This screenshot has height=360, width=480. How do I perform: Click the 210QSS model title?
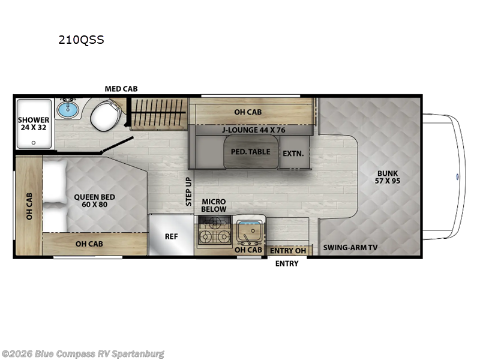81,40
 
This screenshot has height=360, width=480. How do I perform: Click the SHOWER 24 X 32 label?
34,124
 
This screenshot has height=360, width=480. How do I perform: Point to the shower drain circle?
34,143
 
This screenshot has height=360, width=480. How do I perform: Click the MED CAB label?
121,89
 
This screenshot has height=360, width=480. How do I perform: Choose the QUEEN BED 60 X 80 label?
95,201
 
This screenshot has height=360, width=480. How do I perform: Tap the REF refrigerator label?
171,236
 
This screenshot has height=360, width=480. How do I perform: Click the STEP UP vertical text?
188,191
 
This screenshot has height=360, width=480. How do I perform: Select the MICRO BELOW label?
214,205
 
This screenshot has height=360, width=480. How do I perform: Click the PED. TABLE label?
250,152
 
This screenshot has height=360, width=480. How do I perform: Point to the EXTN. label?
293,154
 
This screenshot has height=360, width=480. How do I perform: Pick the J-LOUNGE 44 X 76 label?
253,130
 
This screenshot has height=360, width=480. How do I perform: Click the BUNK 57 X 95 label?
388,177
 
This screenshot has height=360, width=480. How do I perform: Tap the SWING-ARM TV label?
350,247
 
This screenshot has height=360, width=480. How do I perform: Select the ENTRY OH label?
288,251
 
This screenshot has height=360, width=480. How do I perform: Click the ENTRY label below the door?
287,263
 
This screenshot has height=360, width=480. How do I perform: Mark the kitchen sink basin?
249,231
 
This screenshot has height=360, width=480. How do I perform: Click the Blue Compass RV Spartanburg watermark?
82,354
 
